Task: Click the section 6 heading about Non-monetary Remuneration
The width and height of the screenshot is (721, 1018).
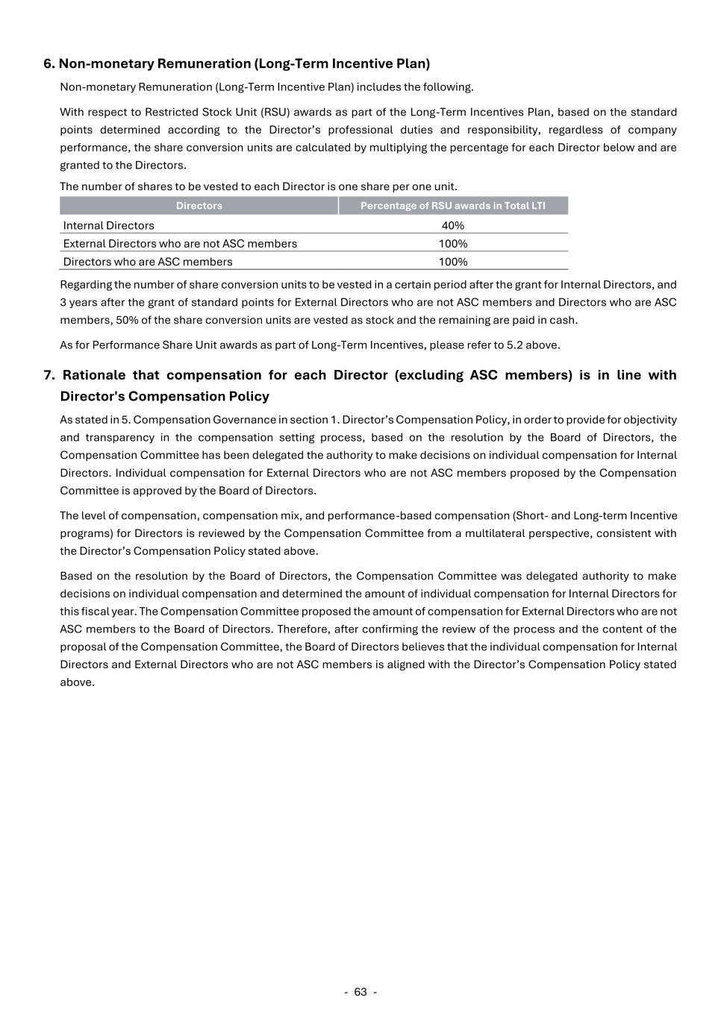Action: click(x=237, y=63)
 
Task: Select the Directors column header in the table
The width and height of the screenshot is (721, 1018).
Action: click(x=199, y=206)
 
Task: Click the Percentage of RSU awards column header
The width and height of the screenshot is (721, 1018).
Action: click(x=453, y=206)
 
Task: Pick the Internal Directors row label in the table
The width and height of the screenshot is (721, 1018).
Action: click(x=109, y=225)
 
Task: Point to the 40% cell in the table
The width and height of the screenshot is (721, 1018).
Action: click(x=453, y=225)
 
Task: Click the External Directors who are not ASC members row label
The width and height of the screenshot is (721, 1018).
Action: click(x=180, y=244)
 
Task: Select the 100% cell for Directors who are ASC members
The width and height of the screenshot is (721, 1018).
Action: click(x=453, y=262)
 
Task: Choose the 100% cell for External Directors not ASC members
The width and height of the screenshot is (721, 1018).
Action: click(x=453, y=244)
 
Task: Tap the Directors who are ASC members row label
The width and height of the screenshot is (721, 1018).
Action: click(x=148, y=262)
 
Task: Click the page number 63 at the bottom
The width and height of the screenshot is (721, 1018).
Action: click(x=360, y=992)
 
